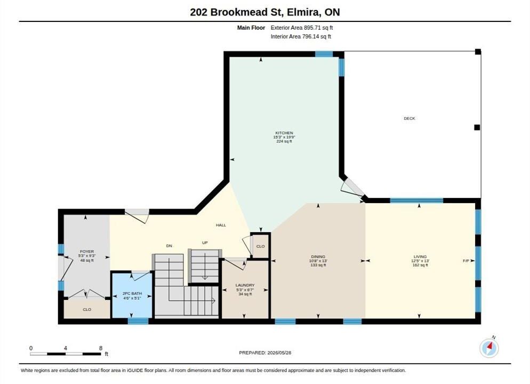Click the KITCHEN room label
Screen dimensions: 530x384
point(284,133)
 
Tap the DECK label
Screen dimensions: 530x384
point(409,118)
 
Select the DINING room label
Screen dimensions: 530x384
point(318,257)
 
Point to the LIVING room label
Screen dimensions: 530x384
point(420,257)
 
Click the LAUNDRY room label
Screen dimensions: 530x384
point(245,285)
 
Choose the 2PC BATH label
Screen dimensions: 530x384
point(132,293)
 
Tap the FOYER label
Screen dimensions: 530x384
point(87,252)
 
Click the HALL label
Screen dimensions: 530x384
point(221,225)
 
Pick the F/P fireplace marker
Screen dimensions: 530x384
point(466,261)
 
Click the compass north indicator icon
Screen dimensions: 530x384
point(489,348)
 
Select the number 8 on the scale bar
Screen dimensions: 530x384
point(101,348)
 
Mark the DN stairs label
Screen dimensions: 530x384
point(169,246)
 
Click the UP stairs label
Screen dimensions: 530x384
point(205,243)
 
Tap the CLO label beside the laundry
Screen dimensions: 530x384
point(260,246)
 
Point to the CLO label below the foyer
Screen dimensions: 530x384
point(87,309)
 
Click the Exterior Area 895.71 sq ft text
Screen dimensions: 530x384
point(301,28)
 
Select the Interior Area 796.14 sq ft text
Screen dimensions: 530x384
point(301,36)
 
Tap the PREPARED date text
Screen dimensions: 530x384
point(265,353)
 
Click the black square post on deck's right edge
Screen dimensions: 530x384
point(477,127)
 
